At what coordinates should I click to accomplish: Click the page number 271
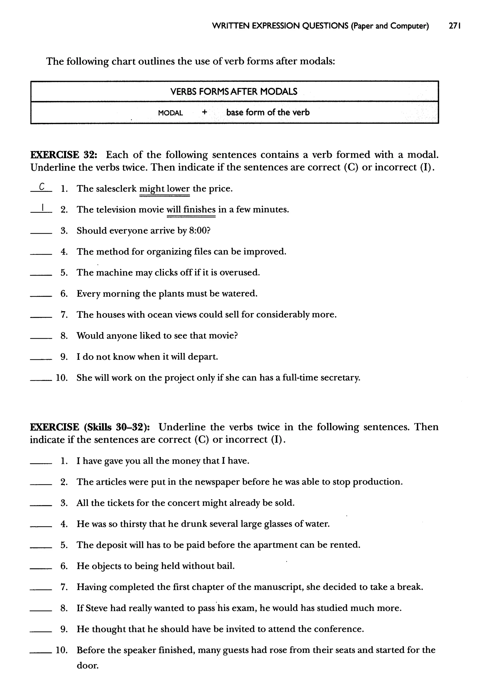click(x=454, y=26)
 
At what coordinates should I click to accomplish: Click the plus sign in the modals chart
click(x=205, y=112)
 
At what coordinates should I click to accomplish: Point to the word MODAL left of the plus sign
click(x=171, y=113)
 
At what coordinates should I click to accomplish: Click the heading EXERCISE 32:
click(x=64, y=155)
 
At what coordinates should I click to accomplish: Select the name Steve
click(x=97, y=608)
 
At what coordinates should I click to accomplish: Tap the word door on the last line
click(x=88, y=666)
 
